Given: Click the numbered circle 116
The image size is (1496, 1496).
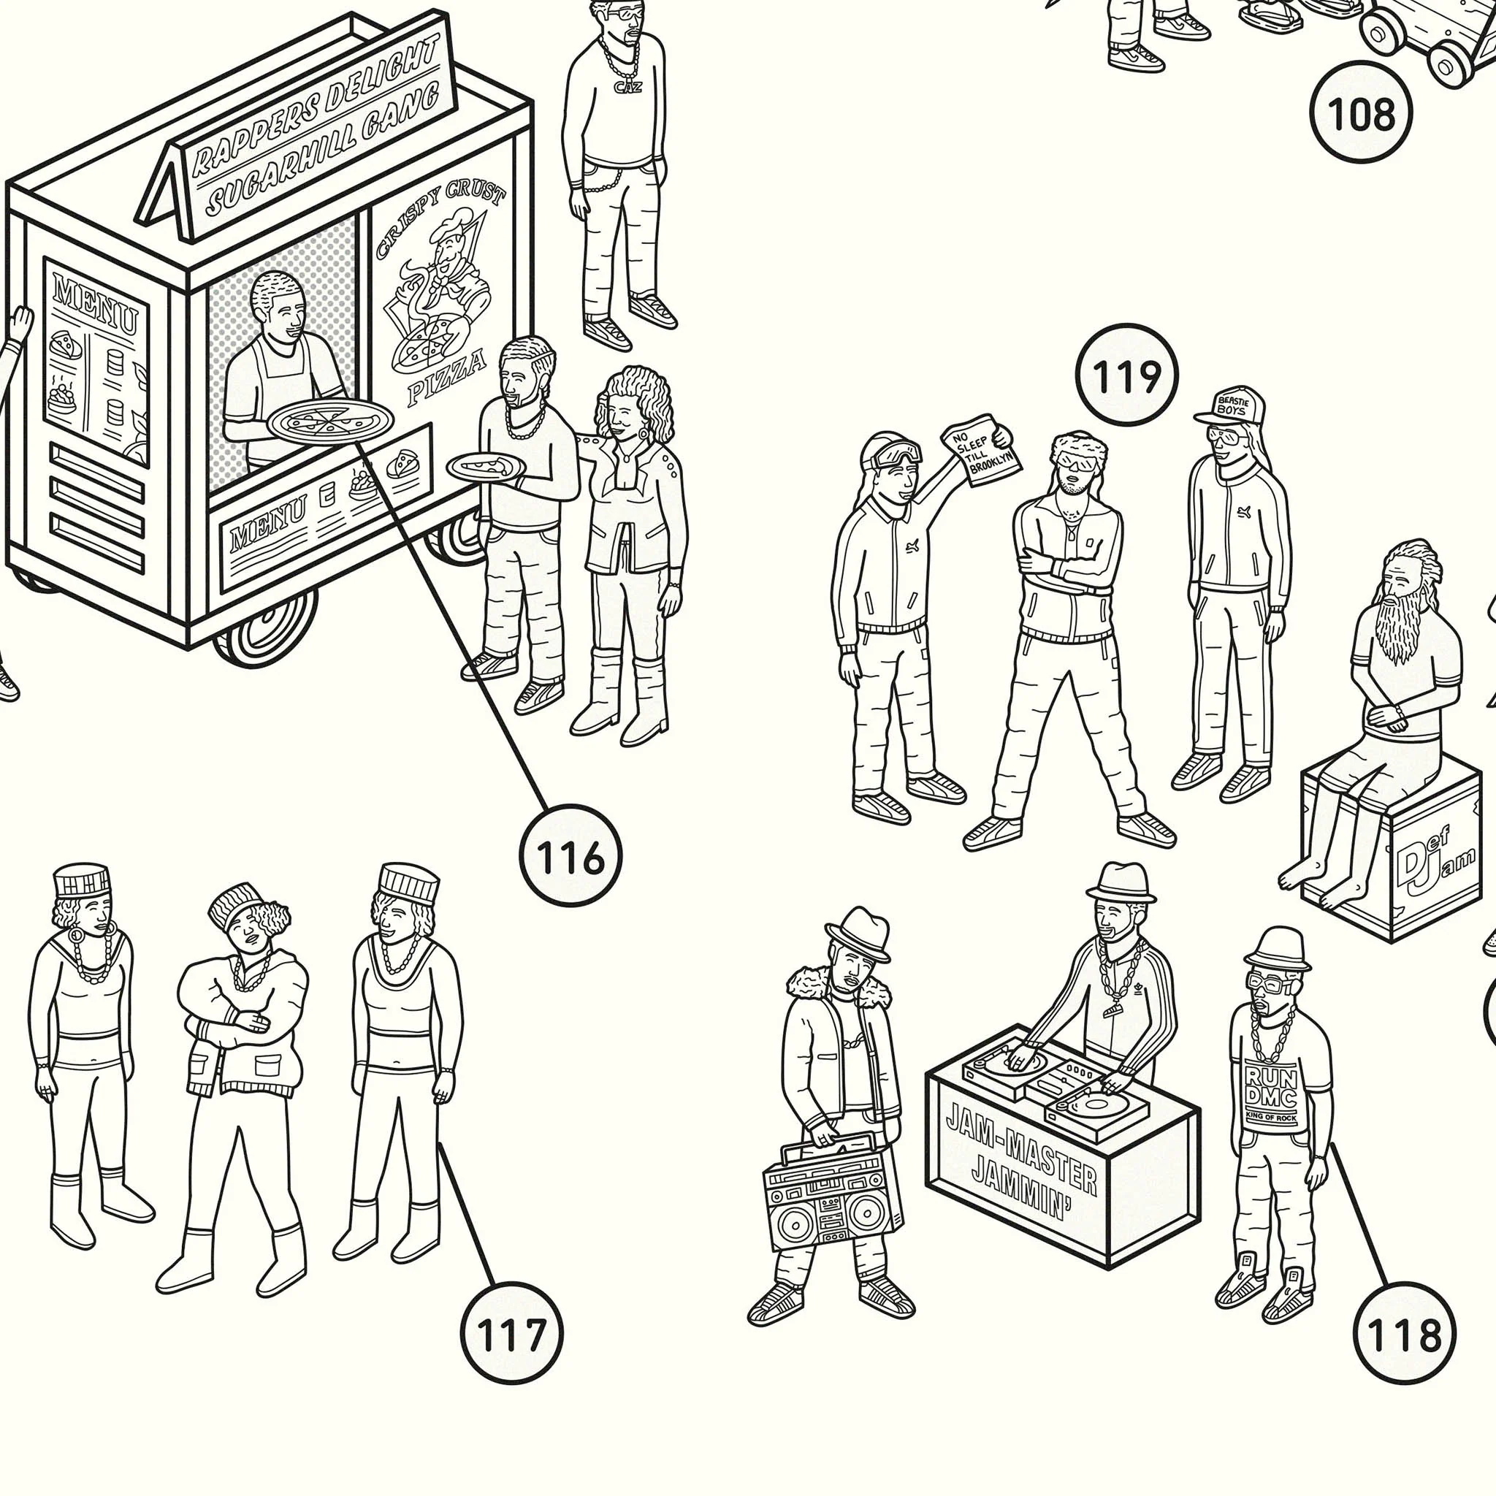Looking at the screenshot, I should click(x=570, y=855).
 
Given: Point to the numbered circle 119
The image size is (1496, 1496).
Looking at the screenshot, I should click(x=1126, y=375).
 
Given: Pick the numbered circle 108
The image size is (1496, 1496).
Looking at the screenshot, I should click(x=1360, y=112).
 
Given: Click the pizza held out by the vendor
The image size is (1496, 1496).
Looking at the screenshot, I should click(x=331, y=422).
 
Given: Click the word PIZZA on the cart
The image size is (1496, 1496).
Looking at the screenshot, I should click(x=447, y=378).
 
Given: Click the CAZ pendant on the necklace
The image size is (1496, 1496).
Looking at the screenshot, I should click(x=627, y=86).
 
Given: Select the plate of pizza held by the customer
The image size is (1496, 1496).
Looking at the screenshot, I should click(x=486, y=467).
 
